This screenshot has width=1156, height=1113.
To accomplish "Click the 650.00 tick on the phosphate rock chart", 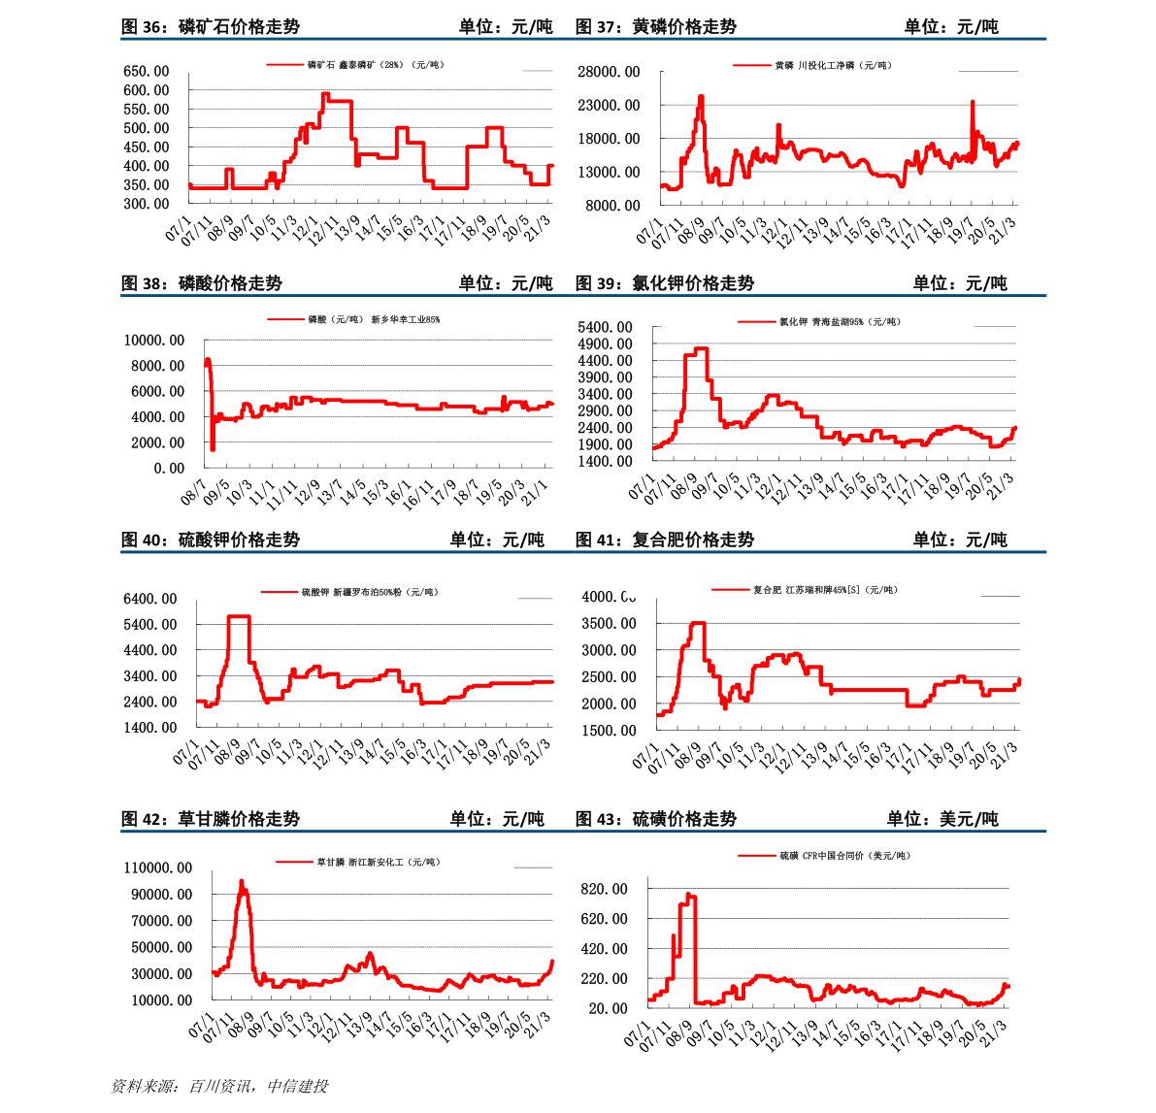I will pos(147,72).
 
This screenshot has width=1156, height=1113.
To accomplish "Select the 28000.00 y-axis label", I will pos(609,72).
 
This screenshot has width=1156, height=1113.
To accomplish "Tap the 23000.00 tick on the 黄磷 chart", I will pos(609,106).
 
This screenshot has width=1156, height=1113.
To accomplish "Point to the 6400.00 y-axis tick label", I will pos(150,600).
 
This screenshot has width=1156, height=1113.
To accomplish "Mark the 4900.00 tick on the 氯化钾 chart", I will pos(605,344).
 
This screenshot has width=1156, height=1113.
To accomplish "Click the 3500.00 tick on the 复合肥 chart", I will pos(609,624).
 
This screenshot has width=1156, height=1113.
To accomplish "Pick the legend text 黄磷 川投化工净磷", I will pos(833,66).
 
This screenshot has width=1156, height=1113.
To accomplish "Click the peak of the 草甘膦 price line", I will pos(242,882).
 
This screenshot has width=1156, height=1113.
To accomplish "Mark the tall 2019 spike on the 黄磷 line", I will pos(973,102).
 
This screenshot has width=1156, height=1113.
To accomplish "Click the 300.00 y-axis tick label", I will pos(147,205).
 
